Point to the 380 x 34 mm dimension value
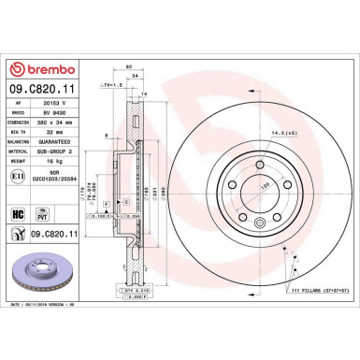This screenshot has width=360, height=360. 64,122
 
